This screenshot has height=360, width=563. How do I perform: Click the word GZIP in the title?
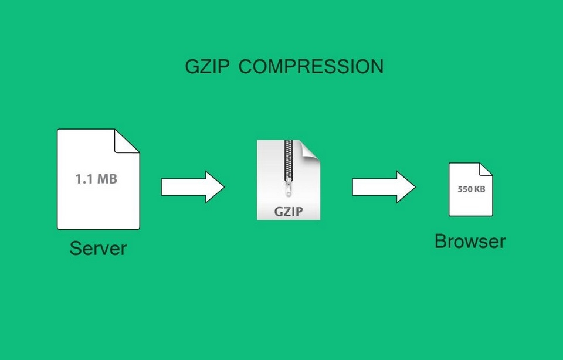click(208, 66)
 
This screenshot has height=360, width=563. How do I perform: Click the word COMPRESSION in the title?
click(311, 66)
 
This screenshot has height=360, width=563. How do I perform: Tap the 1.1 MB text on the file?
click(96, 179)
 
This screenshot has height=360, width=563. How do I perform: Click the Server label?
click(98, 248)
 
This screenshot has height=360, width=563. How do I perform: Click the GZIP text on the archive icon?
click(289, 211)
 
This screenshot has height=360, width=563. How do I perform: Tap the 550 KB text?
click(470, 189)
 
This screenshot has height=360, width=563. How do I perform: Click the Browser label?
click(470, 241)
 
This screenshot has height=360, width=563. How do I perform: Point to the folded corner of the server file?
click(127, 141)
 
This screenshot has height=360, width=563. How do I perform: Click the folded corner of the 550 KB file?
click(486, 169)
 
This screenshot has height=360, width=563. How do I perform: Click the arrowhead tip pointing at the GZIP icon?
click(223, 187)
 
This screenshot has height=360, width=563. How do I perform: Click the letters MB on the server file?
click(107, 179)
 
